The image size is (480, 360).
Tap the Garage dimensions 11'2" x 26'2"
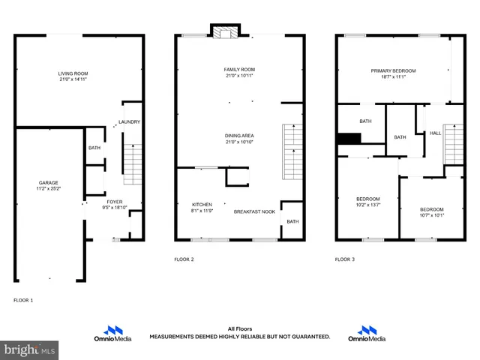pos(49,188)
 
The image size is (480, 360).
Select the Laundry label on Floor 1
pos(129,121)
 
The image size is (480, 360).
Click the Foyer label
pos(114,202)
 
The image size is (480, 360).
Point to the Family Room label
pos(239,69)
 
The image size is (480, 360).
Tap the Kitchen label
pos(202,205)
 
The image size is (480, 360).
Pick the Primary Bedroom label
pos(393,70)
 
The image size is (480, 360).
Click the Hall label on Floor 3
pos(435,133)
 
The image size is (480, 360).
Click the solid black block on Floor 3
pos(349,137)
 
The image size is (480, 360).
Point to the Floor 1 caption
pos(23,300)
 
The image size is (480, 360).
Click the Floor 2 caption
pos(184,259)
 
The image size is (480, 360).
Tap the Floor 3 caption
pos(345,259)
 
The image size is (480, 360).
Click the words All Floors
pos(239,328)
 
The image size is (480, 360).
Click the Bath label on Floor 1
pos(94,148)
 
